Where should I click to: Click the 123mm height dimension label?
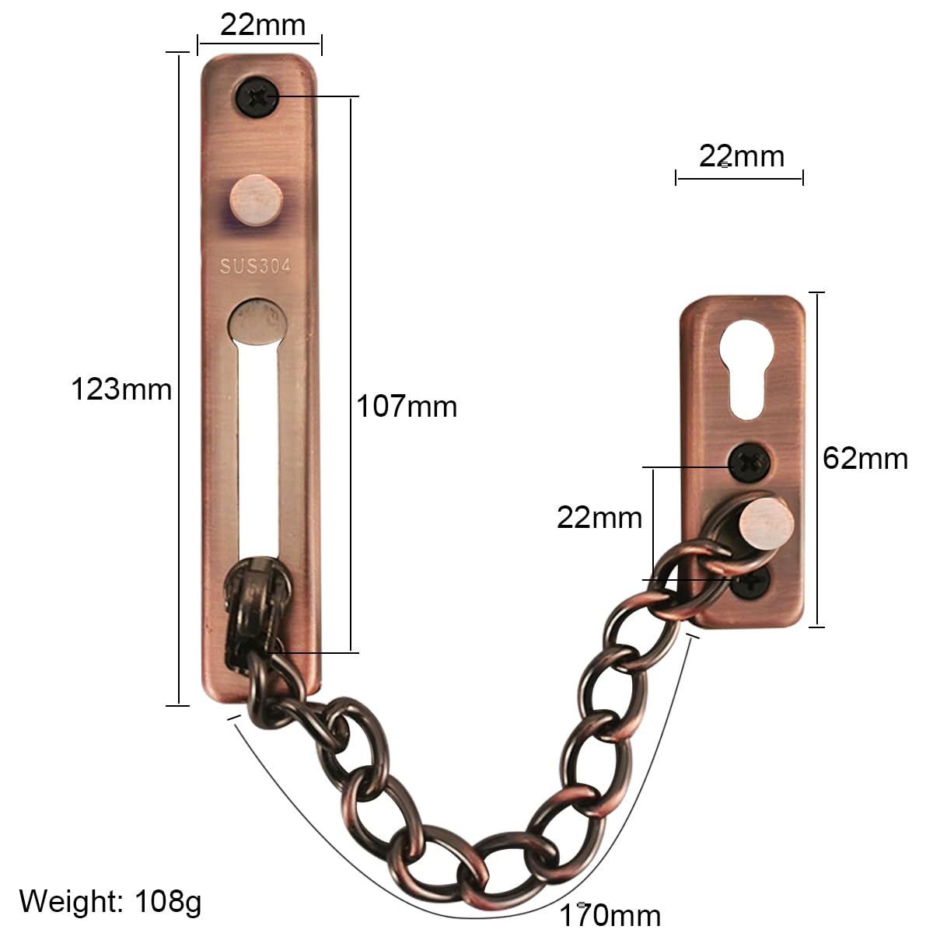click(x=121, y=390)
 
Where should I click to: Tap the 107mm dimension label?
click(x=407, y=406)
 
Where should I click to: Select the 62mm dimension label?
click(x=865, y=458)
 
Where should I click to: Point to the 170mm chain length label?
click(x=610, y=914)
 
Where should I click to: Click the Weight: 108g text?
click(x=110, y=902)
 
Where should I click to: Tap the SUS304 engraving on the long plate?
click(x=256, y=266)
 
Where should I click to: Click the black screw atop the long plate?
click(x=257, y=98)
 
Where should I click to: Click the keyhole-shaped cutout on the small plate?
click(x=747, y=369)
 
